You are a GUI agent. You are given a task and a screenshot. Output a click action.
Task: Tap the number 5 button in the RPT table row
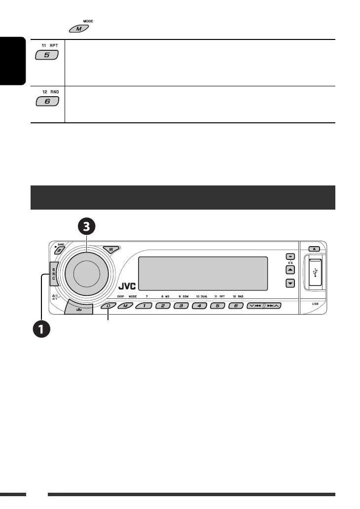coord(47,56)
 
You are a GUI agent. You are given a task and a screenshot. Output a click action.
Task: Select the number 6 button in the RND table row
coord(47,102)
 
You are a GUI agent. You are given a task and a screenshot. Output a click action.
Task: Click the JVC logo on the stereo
coord(127,287)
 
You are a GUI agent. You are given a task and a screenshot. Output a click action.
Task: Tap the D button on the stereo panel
coord(108,306)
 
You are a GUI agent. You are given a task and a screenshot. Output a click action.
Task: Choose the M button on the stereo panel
coord(125,306)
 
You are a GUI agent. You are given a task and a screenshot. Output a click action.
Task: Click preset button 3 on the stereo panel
coord(181,306)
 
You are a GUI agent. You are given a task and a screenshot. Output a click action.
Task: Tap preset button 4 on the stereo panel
coord(199,306)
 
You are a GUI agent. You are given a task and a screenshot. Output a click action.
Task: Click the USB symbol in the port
coord(316,273)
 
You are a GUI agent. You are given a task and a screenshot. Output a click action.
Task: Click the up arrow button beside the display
coord(290,270)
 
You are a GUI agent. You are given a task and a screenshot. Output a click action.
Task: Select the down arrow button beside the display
coord(290,283)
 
